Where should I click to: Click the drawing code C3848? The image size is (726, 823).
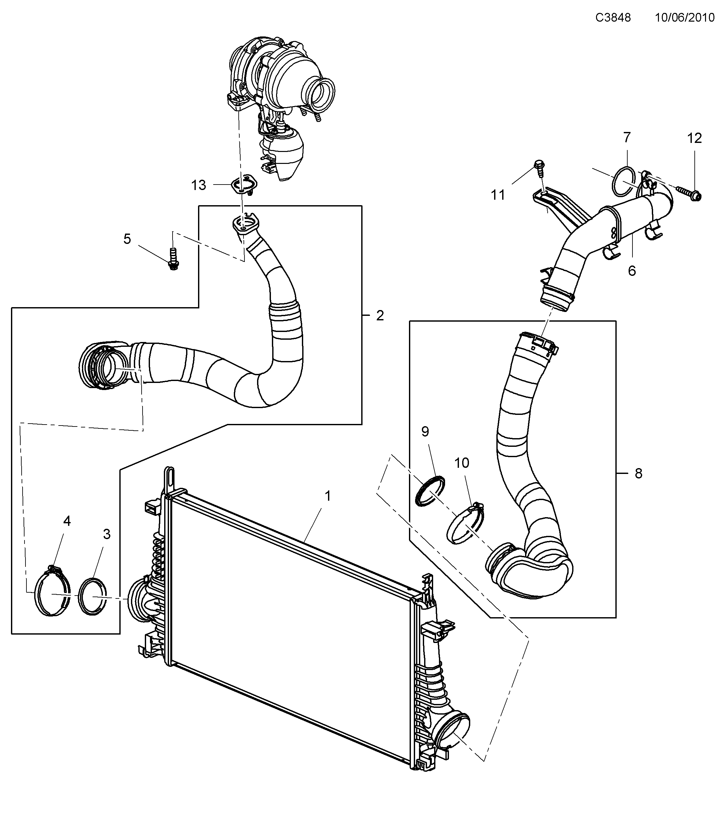[613, 18]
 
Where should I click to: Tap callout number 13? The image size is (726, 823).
[198, 185]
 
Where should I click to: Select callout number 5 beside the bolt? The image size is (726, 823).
[127, 239]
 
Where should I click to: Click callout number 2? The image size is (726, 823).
[380, 316]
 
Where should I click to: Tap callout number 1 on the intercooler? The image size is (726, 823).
[328, 496]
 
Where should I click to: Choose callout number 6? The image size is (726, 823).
[632, 271]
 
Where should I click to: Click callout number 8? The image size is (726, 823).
[639, 474]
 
